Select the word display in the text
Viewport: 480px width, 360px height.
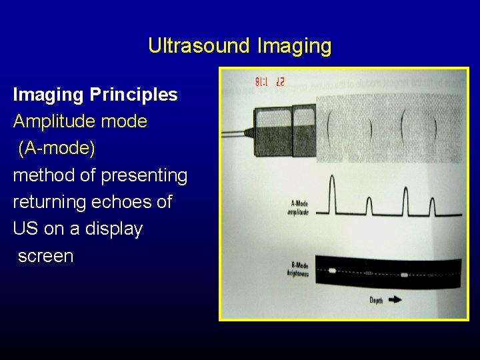pos(114,229)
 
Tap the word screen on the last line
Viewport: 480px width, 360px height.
pos(45,256)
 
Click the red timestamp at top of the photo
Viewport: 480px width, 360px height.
pos(269,83)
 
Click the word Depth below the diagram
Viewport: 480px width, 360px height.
pos(377,301)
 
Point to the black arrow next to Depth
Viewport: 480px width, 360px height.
pos(395,300)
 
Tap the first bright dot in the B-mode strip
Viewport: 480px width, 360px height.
pos(333,271)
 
